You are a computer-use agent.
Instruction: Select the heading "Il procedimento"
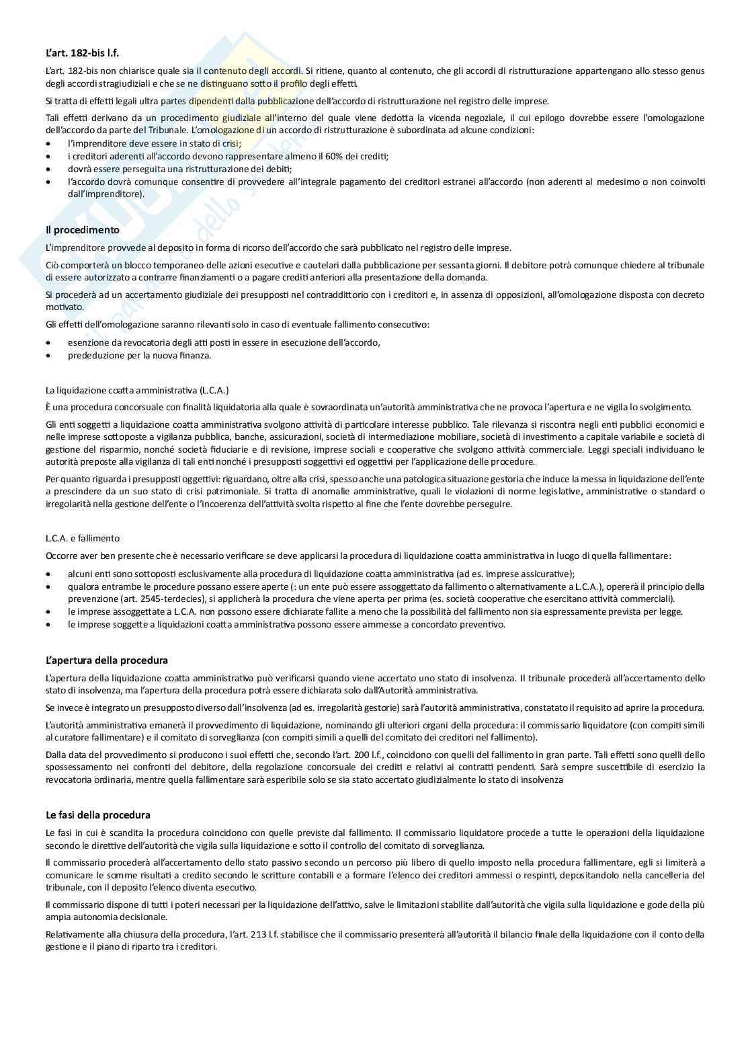(x=82, y=230)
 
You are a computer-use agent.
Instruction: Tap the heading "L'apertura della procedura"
(x=107, y=660)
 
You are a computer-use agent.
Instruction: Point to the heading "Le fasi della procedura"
(x=98, y=815)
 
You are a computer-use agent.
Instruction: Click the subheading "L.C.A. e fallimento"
(x=83, y=538)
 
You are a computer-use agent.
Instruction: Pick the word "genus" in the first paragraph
(x=691, y=71)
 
